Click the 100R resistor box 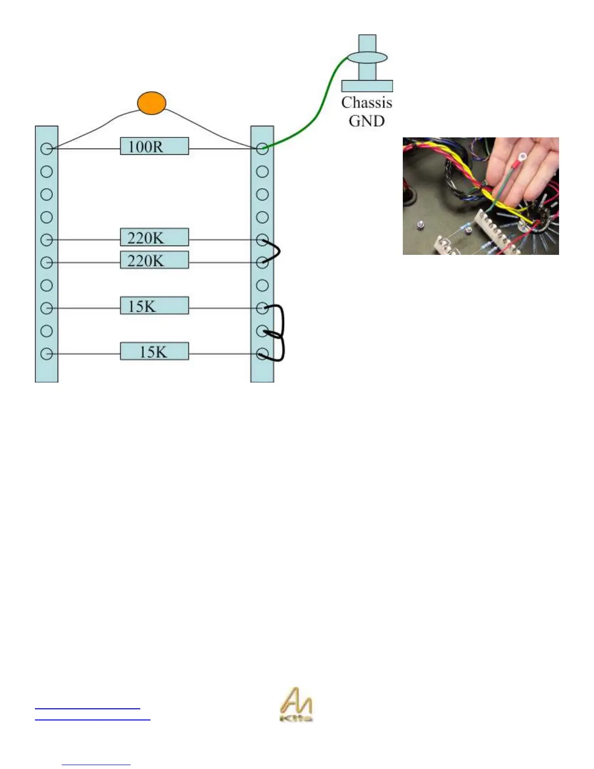154,146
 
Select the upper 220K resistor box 154,237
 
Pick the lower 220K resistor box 154,260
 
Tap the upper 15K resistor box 154,306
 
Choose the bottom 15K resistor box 154,351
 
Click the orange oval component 151,103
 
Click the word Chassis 366,103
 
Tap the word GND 366,121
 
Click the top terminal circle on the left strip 47,149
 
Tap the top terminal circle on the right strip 262,149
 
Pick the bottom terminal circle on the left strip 47,354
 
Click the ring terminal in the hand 523,157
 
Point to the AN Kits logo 296,705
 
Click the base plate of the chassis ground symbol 367,86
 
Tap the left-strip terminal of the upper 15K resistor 47,308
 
